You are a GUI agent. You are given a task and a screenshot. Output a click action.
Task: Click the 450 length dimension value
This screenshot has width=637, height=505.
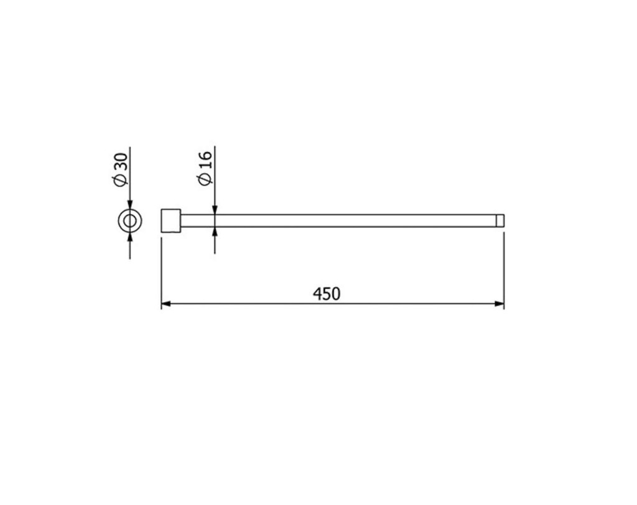(x=327, y=293)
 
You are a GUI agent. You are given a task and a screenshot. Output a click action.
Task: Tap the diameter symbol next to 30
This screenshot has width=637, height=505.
(x=121, y=181)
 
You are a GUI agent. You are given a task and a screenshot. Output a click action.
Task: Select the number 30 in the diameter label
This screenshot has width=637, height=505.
(x=121, y=163)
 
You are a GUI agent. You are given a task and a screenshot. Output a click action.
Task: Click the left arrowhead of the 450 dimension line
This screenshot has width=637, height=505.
(x=166, y=303)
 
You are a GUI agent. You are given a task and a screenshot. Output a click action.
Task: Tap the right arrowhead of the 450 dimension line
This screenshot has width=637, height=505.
(x=499, y=303)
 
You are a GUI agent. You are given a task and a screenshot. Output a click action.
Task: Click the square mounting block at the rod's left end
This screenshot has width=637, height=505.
(x=170, y=220)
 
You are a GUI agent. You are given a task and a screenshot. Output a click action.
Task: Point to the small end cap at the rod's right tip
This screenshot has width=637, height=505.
(x=500, y=220)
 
